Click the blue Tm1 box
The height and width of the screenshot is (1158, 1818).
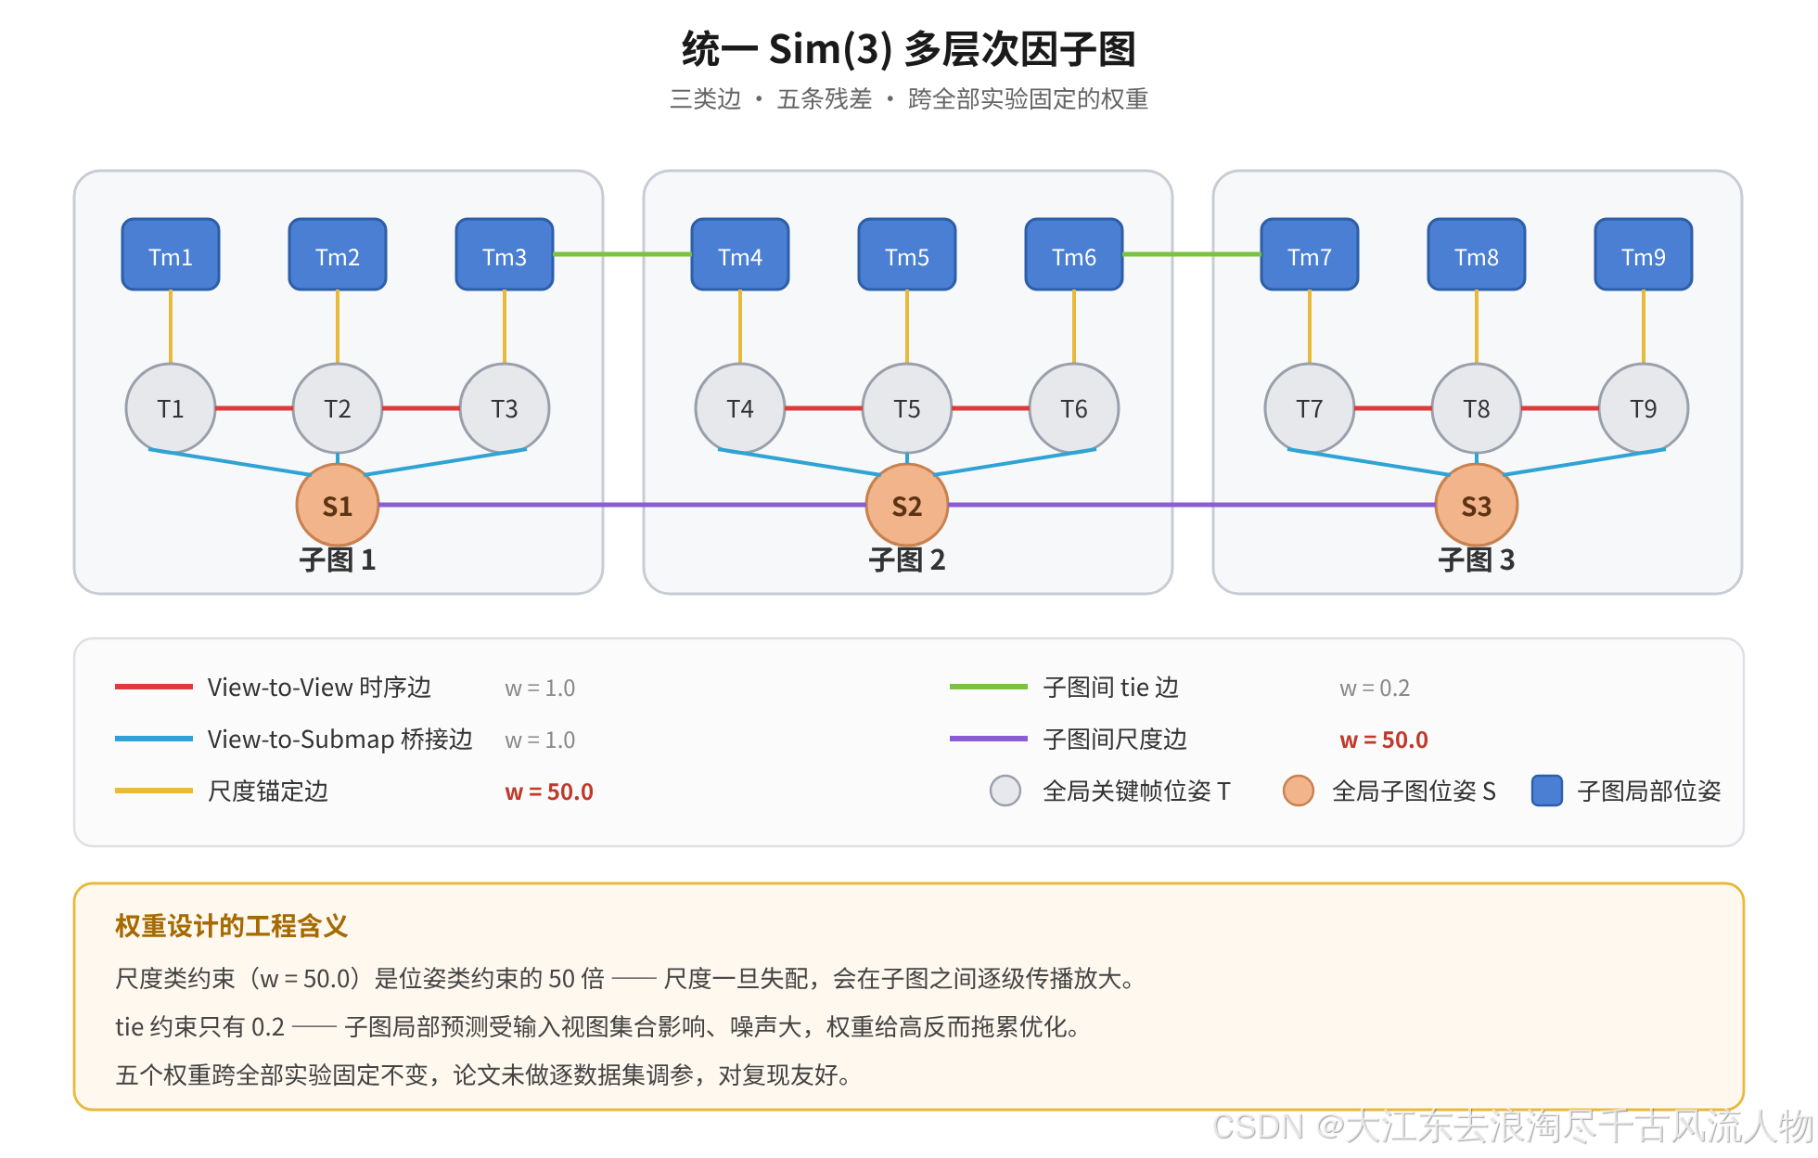click(x=171, y=254)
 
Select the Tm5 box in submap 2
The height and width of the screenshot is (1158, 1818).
click(x=907, y=254)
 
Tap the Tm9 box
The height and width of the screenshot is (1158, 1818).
click(x=1644, y=254)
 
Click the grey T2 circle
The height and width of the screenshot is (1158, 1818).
click(x=338, y=408)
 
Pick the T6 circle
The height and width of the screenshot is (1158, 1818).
click(x=1074, y=408)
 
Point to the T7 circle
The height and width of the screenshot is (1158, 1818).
click(x=1310, y=408)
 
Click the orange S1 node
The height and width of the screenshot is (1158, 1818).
click(x=338, y=505)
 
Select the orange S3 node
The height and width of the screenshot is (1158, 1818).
click(x=1477, y=505)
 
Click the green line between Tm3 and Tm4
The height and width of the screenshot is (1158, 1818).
click(x=622, y=254)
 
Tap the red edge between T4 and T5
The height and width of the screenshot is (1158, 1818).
click(x=824, y=408)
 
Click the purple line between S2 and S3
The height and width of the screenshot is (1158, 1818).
click(x=1192, y=505)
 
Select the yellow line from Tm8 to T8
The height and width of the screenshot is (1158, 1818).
click(x=1477, y=327)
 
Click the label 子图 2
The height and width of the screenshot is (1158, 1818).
click(x=907, y=560)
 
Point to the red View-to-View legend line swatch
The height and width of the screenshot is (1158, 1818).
click(x=154, y=687)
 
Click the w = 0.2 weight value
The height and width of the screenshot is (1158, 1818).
click(x=1375, y=688)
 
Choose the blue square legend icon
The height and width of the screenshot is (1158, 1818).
click(x=1547, y=791)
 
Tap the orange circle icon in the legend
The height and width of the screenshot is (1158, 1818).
click(x=1299, y=791)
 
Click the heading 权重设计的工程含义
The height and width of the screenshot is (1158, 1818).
click(x=232, y=926)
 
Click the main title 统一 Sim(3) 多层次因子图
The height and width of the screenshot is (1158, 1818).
click(x=909, y=49)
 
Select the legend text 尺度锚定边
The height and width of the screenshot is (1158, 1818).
click(x=268, y=791)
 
